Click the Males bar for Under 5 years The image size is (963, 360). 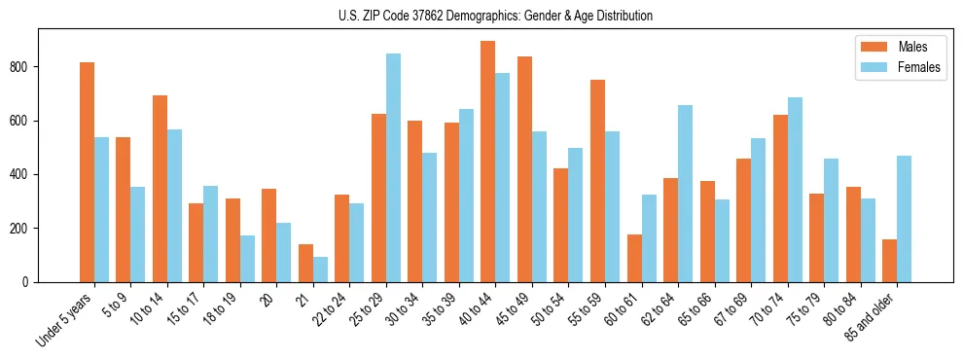[87, 172]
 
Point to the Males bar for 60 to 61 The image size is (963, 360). [634, 258]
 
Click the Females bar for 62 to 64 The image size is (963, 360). [686, 194]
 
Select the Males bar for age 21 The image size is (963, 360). [305, 263]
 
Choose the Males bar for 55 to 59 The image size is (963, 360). [597, 181]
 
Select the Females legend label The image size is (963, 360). [919, 68]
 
